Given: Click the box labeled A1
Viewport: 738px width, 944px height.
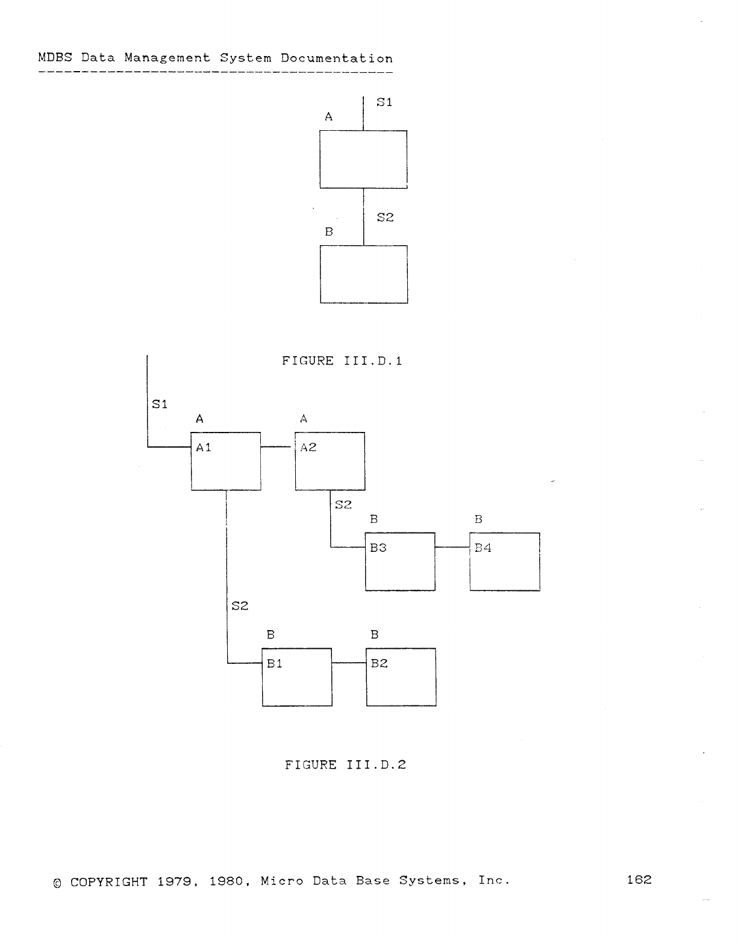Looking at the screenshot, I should (226, 461).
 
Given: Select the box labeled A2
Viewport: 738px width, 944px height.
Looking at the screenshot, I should (330, 461).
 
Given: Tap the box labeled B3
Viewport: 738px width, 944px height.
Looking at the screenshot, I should (400, 561).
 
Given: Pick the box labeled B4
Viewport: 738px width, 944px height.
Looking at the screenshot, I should (504, 561).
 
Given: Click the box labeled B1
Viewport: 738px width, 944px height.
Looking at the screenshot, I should (297, 677).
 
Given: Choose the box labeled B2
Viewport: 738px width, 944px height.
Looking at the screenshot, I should (401, 677).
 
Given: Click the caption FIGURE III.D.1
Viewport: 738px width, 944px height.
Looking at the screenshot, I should (342, 361).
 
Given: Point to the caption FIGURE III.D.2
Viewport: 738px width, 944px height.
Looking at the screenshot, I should (345, 764).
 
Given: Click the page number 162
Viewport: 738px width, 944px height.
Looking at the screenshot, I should (639, 880).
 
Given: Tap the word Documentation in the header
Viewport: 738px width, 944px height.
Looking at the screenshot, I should (337, 58).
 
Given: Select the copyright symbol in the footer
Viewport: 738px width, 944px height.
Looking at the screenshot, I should (57, 883).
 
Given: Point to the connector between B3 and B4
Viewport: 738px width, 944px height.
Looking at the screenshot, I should (452, 547).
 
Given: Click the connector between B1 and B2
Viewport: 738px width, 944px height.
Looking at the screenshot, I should (349, 663).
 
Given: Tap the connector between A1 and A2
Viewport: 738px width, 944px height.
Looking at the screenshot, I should (278, 446).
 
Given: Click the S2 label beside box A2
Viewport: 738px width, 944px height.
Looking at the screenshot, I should (343, 504).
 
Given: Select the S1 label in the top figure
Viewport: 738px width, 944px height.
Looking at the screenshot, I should (384, 102).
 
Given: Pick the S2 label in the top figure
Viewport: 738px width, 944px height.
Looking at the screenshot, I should (385, 217).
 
